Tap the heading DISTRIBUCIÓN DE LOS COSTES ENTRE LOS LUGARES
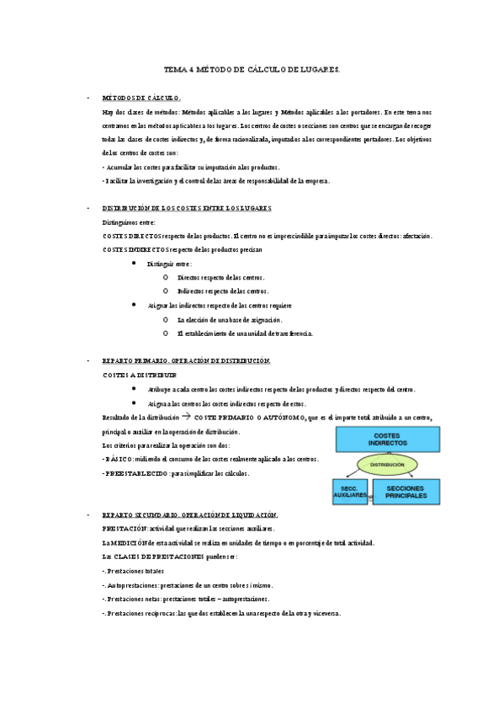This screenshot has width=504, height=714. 187,208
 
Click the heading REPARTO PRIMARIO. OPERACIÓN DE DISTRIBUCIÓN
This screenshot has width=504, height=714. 186,360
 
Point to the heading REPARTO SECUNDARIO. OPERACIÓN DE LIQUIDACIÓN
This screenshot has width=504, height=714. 190,514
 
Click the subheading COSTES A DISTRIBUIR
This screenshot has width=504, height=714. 140,374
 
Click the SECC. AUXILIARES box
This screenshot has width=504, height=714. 348,492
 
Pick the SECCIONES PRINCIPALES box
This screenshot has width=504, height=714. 407,492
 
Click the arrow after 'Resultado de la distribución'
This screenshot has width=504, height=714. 187,416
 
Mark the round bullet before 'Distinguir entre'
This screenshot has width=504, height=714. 136,263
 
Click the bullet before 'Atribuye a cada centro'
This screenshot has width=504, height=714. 136,388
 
